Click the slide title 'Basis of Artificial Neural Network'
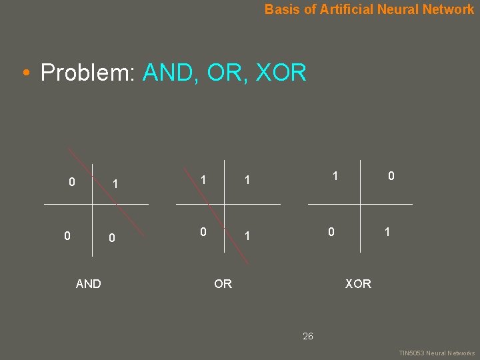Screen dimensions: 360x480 pos(369,9)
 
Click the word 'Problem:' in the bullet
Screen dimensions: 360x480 pos(88,72)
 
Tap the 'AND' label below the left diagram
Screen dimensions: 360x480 pos(89,284)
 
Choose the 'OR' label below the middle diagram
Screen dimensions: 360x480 pos(223,284)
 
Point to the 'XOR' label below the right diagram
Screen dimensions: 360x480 pos(358,284)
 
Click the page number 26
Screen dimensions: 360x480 pos(307,336)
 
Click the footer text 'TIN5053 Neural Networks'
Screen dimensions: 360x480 pos(437,353)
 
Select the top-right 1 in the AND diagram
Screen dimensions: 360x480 pos(115,183)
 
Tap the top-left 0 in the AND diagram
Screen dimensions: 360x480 pos(72,181)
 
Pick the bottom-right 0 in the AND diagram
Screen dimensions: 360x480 pos(112,238)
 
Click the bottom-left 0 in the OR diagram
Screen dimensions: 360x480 pos(203,232)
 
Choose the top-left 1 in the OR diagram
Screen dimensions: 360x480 pos(203,180)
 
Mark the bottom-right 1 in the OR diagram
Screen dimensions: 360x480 pos(247,236)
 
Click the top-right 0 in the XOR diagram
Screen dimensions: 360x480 pos(391,176)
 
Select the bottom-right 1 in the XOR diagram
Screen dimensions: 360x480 pos(386,232)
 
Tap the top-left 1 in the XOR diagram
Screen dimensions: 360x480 pos(335,176)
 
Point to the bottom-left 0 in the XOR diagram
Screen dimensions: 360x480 pos(330,232)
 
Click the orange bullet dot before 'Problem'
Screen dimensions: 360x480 pos(25,73)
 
